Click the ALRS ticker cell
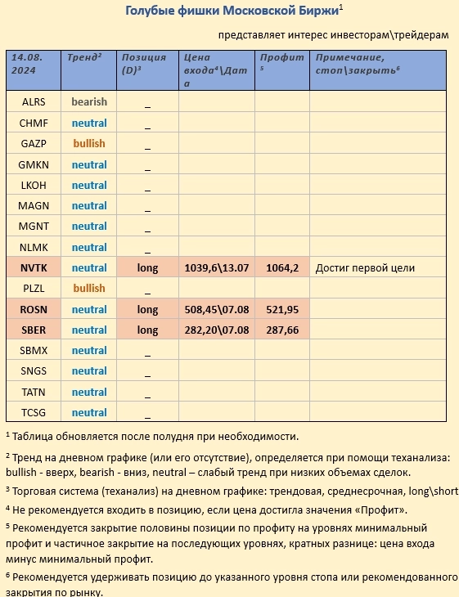coord(34,102)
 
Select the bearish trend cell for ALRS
coord(89,102)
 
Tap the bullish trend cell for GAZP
coord(89,143)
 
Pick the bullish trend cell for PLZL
coord(89,288)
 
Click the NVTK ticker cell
coord(34,267)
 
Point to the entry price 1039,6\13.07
coord(216,267)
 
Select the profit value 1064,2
coord(281,267)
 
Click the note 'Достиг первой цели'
coord(365,267)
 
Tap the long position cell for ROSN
coord(147,309)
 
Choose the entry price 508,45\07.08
coord(216,309)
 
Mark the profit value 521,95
coord(281,309)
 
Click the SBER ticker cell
coord(34,330)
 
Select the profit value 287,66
coord(281,330)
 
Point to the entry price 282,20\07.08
coord(216,330)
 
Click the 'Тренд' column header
coord(85,58)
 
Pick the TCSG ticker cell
coord(34,412)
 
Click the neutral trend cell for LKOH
coord(89,185)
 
